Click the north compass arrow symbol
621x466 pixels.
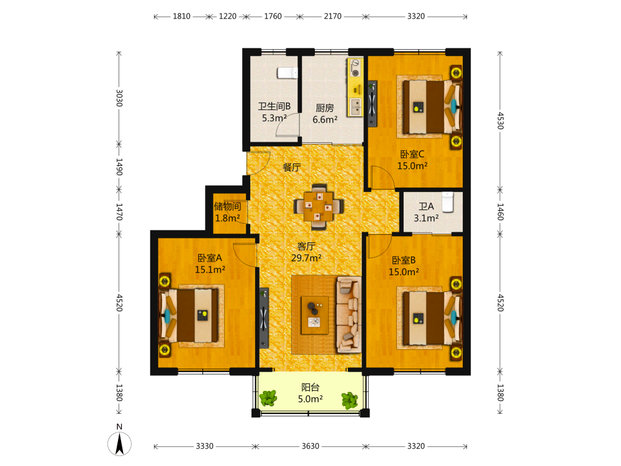pyautogui.click(x=119, y=444)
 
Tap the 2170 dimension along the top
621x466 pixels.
pyautogui.click(x=333, y=16)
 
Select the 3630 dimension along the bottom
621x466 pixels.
pyautogui.click(x=310, y=446)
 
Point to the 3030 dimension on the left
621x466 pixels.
pyautogui.click(x=119, y=98)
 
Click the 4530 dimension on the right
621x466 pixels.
pyautogui.click(x=501, y=121)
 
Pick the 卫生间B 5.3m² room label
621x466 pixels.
pyautogui.click(x=274, y=112)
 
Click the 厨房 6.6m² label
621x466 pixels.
pyautogui.click(x=325, y=114)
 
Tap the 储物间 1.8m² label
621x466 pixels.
pyautogui.click(x=227, y=212)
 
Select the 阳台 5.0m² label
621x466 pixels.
pyautogui.click(x=310, y=393)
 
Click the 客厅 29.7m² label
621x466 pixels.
pyautogui.click(x=306, y=252)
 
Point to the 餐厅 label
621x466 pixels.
pyautogui.click(x=291, y=167)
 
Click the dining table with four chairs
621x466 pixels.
pyautogui.click(x=319, y=206)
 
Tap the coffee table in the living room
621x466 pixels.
pyautogui.click(x=315, y=315)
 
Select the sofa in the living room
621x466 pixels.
pyautogui.click(x=348, y=315)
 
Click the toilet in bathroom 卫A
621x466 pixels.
pyautogui.click(x=448, y=202)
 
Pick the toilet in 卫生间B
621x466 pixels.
pyautogui.click(x=287, y=73)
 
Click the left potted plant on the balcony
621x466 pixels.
pyautogui.click(x=268, y=398)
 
